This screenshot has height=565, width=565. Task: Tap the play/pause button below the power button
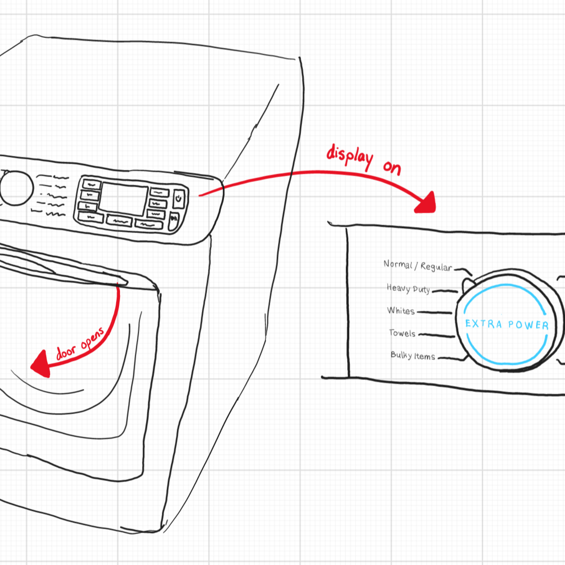[x=174, y=220]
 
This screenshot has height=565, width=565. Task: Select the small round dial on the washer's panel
[x=16, y=186]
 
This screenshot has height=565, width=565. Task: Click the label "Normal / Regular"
[x=418, y=265]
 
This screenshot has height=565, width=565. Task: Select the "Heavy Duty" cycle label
[x=408, y=289]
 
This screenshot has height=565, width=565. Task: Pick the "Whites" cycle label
[x=401, y=311]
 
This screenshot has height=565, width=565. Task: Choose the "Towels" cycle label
[x=402, y=333]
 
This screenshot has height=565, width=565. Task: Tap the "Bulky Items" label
[x=413, y=356]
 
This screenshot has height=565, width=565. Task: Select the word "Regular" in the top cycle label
[x=436, y=267]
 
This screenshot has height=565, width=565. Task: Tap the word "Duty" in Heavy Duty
[x=421, y=289]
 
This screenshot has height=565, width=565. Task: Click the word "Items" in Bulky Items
[x=424, y=356]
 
